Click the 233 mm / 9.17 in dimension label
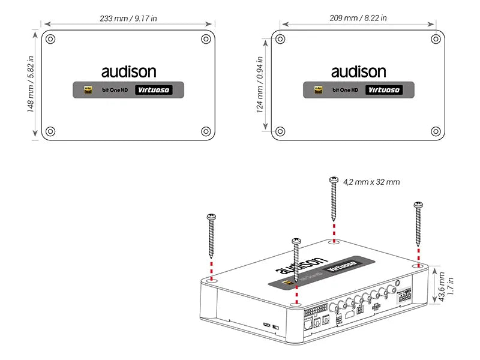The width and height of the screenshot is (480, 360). pyautogui.click(x=128, y=18)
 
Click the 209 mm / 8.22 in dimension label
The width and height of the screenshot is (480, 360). pyautogui.click(x=358, y=18)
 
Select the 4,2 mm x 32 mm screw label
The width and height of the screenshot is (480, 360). pyautogui.click(x=371, y=182)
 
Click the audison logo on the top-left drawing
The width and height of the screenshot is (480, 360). pyautogui.click(x=128, y=72)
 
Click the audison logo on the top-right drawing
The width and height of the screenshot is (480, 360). pyautogui.click(x=358, y=72)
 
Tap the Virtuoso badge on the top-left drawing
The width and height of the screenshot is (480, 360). pyautogui.click(x=152, y=90)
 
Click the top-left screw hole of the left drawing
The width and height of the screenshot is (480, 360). pyautogui.click(x=51, y=39)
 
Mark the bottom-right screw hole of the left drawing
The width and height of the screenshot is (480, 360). pyautogui.click(x=206, y=131)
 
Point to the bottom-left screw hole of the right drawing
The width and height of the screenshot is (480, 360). pyautogui.click(x=281, y=131)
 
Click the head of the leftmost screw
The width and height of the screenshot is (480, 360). pyautogui.click(x=211, y=216)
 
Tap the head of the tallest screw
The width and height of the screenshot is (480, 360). pyautogui.click(x=334, y=179)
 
